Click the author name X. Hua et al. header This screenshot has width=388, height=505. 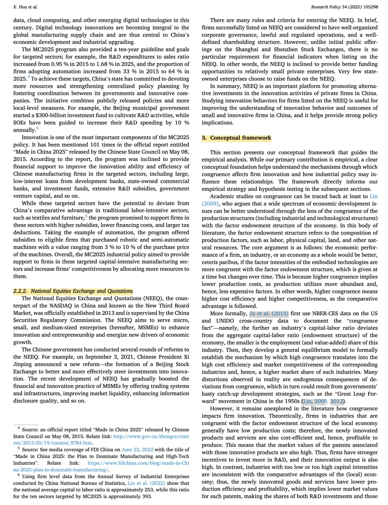tap(25, 7)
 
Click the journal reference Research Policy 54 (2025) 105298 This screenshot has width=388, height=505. tap(344, 7)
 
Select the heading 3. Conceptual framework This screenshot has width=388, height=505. tap(236, 138)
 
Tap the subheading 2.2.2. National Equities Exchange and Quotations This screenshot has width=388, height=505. tap(73, 291)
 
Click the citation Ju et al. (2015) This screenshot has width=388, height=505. tap(269, 313)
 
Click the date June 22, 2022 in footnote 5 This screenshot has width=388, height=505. tap(137, 450)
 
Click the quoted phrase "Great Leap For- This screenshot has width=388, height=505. tap(356, 394)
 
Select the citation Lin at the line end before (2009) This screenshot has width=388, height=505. tap(374, 196)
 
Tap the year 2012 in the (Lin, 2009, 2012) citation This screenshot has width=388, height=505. tap(337, 401)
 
